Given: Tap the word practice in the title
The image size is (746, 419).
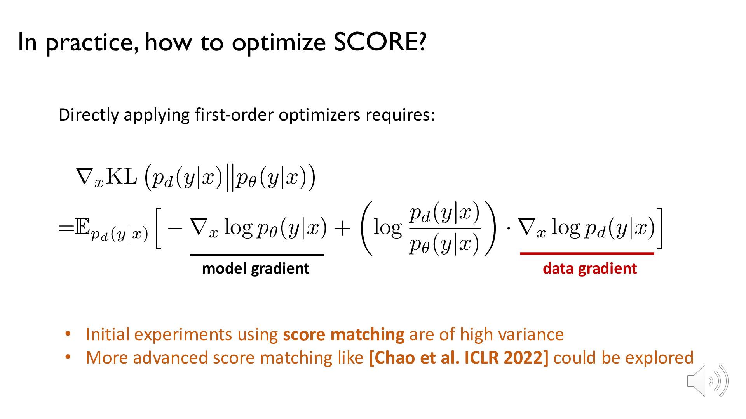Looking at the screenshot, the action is click(92, 43).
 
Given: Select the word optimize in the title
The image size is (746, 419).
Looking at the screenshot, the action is click(279, 43).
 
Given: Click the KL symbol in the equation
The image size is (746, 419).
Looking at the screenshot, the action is click(122, 177).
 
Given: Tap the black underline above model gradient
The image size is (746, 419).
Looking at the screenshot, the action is click(257, 255).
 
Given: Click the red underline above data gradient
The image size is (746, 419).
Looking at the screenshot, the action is click(587, 253).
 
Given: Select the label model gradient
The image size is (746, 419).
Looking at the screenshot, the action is click(256, 268).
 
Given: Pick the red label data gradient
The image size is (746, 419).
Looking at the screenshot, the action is click(590, 268).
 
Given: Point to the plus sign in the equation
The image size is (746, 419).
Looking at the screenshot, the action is click(342, 229).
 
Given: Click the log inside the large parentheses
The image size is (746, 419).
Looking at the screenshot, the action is click(387, 228).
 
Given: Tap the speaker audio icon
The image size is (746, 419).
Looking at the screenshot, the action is click(707, 381).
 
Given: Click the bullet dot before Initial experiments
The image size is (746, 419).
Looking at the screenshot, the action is click(68, 334).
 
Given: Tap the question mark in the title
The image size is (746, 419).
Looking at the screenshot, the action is click(422, 42).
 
